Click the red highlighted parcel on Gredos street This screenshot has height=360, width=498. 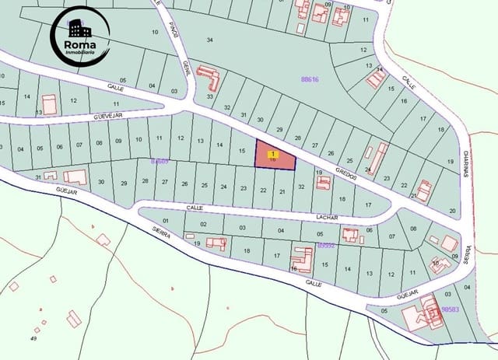[x=276, y=158]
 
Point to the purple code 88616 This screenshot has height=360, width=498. [x=310, y=79]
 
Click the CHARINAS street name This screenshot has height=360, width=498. [x=465, y=163]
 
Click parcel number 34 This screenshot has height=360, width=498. [x=209, y=39]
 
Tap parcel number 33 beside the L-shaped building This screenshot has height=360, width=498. [x=210, y=96]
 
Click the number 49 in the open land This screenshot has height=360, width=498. [x=34, y=339]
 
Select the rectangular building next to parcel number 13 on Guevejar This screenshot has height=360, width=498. [x=50, y=105]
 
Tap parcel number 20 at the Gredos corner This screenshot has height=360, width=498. [x=453, y=211]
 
